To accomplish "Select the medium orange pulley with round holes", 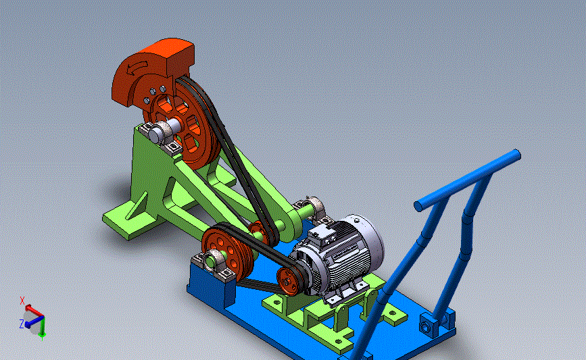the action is point(227,252).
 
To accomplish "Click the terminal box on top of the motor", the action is point(322,233).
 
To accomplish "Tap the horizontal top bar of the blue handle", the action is point(467,180).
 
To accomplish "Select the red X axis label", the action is point(22,301).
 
